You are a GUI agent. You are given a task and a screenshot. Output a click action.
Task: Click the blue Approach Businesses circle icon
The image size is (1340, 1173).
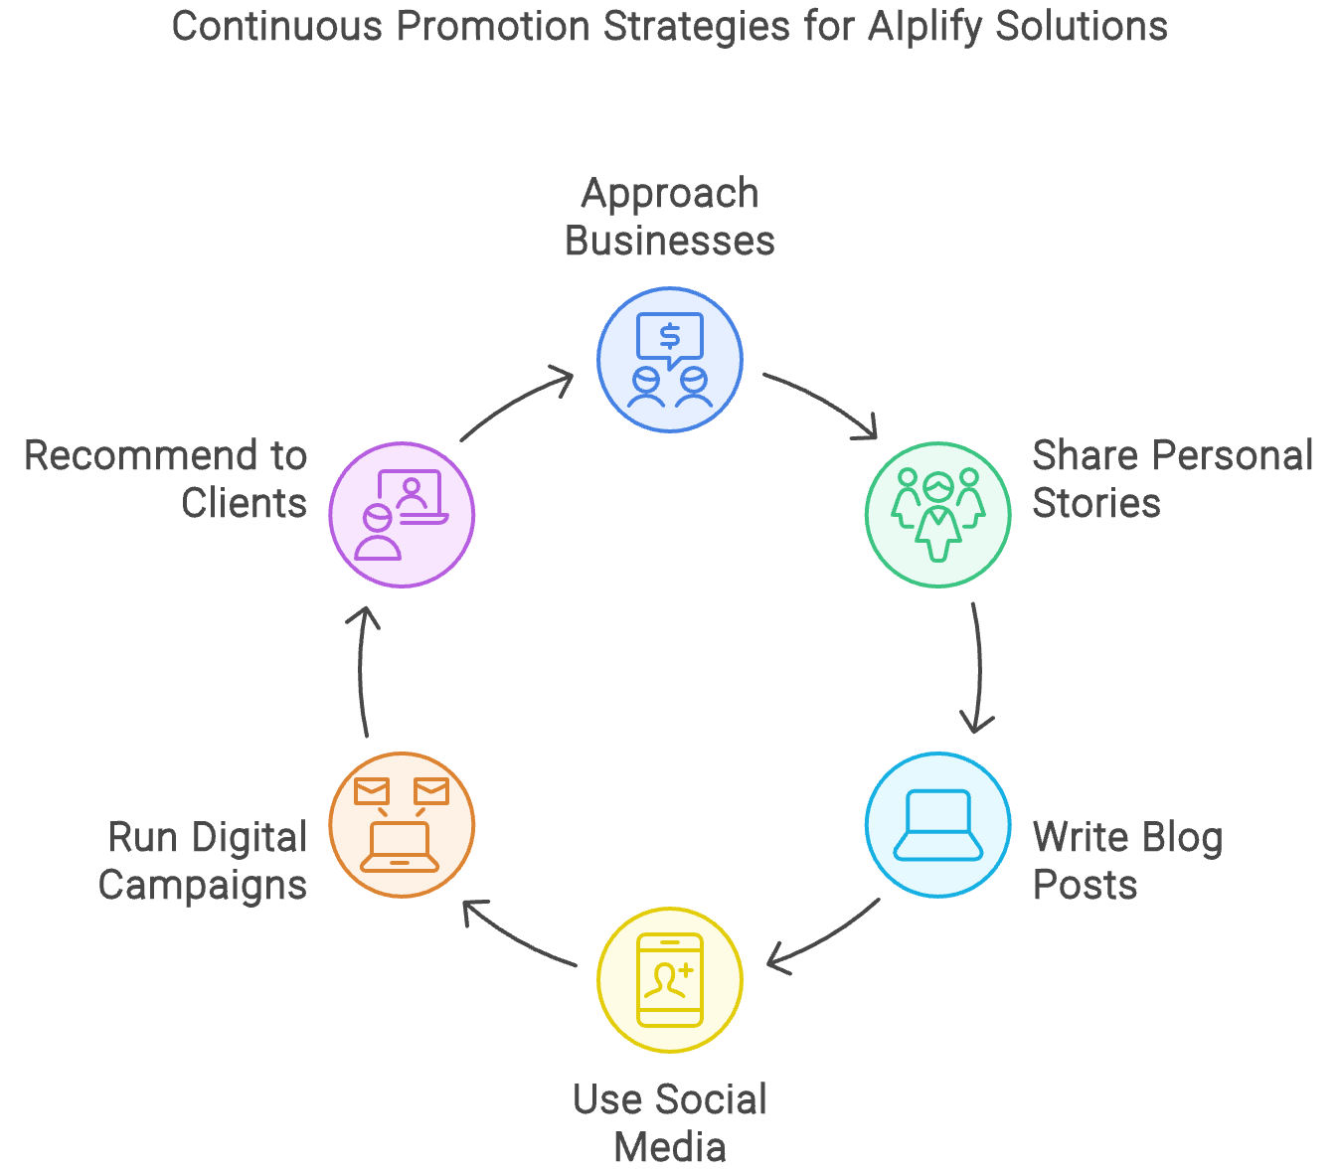[x=669, y=360]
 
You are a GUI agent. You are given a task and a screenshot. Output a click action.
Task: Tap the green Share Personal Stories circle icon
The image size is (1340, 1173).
[x=937, y=515]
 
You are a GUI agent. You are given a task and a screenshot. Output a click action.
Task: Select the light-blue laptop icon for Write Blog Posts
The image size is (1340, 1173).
[x=937, y=825]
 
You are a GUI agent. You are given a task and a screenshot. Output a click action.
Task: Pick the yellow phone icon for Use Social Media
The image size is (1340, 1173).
[x=669, y=980]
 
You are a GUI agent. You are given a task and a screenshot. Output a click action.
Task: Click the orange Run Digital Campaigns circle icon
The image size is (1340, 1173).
[x=401, y=825]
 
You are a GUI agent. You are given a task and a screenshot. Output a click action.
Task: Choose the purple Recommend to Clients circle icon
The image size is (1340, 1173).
[x=401, y=515]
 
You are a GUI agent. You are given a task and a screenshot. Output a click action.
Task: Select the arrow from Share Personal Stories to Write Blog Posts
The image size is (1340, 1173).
[x=977, y=666]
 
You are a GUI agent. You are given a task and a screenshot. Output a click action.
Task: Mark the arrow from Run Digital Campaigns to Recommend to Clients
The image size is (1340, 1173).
[x=362, y=671]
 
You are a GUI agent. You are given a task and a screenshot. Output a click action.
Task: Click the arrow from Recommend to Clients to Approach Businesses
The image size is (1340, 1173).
[x=517, y=403]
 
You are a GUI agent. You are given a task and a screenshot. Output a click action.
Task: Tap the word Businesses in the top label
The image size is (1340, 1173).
[x=669, y=242]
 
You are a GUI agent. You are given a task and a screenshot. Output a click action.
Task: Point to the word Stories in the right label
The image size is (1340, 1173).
[x=1095, y=504]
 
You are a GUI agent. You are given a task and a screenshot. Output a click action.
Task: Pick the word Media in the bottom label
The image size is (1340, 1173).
[x=669, y=1147]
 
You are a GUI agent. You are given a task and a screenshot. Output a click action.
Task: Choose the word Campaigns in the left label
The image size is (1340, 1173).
[x=203, y=886]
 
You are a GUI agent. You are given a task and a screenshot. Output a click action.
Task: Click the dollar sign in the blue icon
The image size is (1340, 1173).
[x=670, y=336]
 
